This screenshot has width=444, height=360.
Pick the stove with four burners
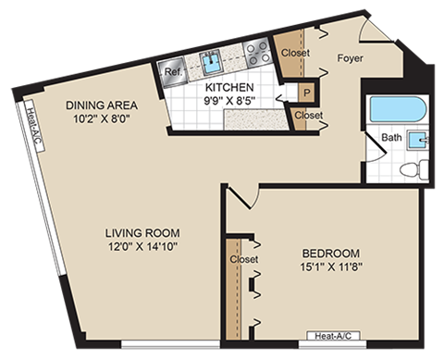(257, 54)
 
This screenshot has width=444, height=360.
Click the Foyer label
(350, 58)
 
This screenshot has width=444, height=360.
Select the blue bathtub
(396, 109)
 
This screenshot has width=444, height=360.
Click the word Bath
(391, 138)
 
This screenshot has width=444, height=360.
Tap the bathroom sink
(419, 141)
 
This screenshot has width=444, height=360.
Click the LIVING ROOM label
(142, 231)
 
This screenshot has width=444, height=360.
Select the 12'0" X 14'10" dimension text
(142, 246)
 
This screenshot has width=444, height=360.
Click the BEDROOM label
(331, 253)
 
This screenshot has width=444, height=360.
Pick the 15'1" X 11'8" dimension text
(331, 267)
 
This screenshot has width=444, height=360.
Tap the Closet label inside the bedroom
(242, 260)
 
